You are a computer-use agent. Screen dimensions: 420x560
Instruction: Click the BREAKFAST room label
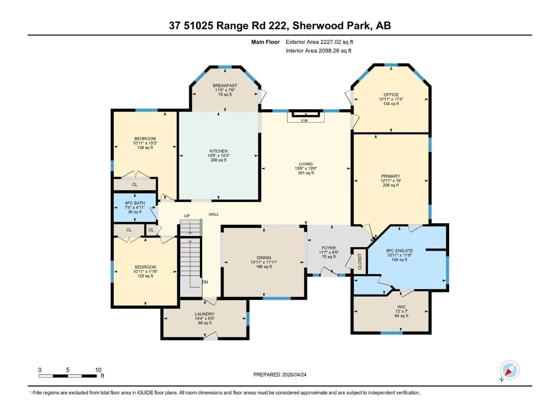(225, 86)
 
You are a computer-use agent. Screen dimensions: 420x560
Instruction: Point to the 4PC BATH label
(135, 203)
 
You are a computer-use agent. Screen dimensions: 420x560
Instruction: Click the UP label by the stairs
(187, 216)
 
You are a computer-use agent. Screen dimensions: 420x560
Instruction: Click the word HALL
(214, 214)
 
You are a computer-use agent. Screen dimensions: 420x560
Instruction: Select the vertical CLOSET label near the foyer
(359, 261)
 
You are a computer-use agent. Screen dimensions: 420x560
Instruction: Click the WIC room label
(401, 307)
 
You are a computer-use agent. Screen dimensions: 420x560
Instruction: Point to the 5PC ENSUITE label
(399, 251)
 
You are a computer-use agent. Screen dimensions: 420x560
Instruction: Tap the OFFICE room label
(391, 95)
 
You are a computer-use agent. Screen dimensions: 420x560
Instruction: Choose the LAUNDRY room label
(205, 314)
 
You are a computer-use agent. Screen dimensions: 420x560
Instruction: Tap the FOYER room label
(328, 248)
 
